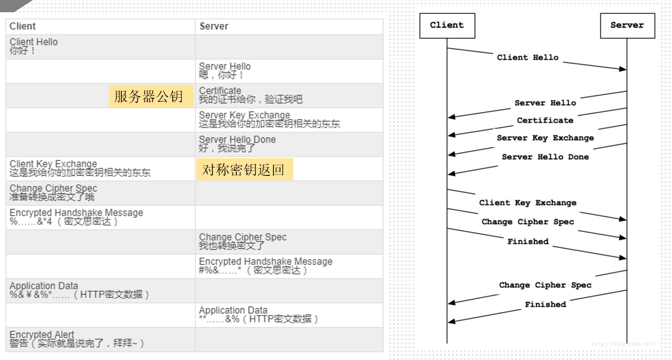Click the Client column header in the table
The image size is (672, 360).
[23, 26]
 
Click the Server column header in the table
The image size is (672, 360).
[214, 26]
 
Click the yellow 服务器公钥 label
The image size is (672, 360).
[149, 96]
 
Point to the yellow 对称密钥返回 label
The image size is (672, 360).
[243, 169]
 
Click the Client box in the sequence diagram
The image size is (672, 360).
[447, 25]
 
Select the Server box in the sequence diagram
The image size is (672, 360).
[627, 25]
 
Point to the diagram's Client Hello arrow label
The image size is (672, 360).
[528, 57]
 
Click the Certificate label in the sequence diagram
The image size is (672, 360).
[545, 120]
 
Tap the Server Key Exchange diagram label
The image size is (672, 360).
[545, 138]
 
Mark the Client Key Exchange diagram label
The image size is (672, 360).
[528, 203]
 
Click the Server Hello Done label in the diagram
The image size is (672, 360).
[545, 157]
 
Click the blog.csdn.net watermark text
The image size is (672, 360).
[623, 344]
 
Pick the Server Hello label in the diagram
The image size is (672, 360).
[545, 103]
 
